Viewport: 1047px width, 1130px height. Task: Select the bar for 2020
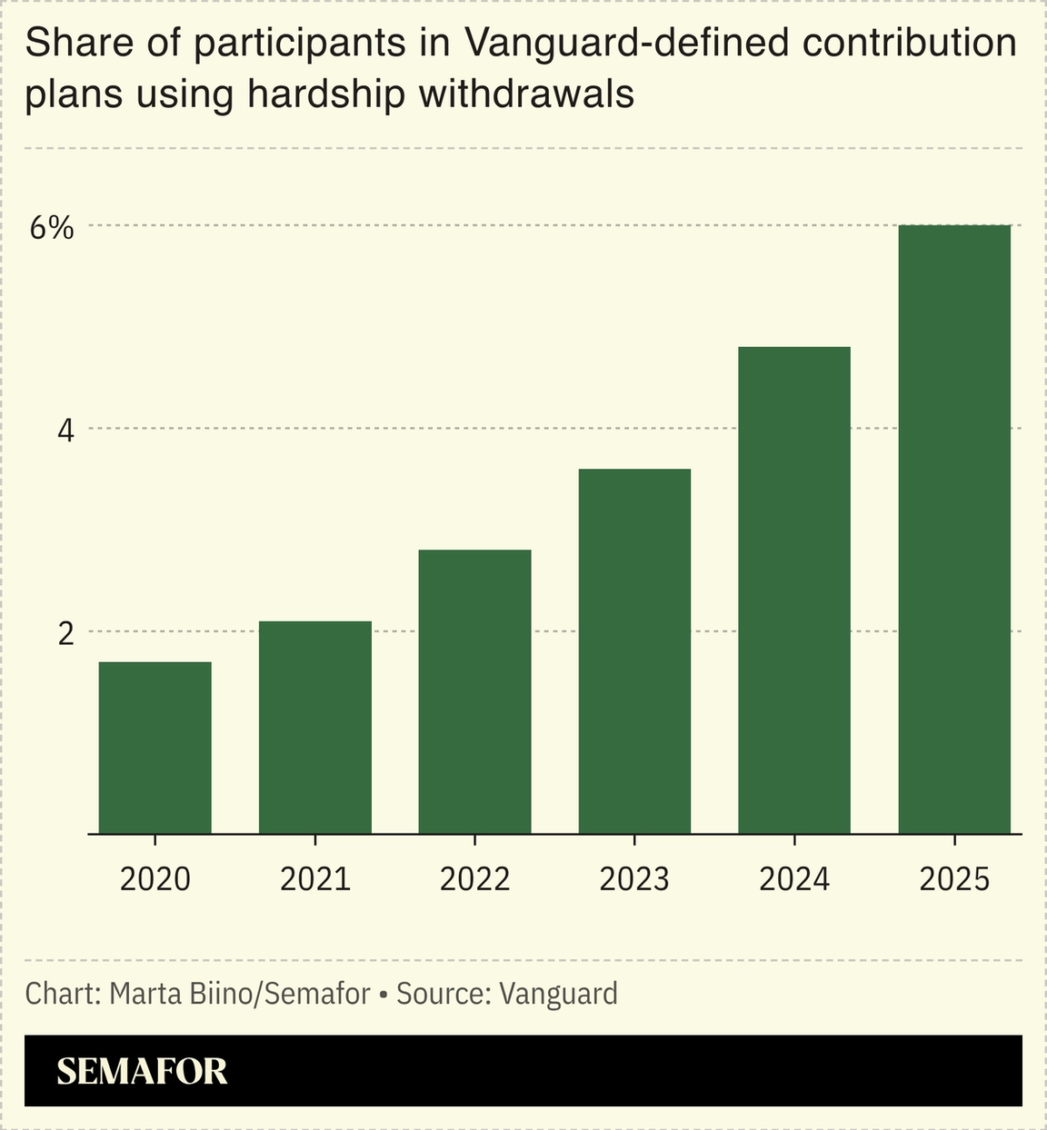155,748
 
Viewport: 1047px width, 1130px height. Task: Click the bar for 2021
315,727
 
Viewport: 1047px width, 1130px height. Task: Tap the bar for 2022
474,691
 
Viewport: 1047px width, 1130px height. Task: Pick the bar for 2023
634,651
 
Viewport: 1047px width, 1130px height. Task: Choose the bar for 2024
794,590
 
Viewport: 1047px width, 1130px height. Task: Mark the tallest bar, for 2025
954,529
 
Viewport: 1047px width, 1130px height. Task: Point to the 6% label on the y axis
51,228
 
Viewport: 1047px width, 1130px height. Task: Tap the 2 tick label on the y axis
65,633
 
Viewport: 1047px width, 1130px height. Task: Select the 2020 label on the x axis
155,879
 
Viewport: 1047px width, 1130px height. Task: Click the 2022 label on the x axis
474,879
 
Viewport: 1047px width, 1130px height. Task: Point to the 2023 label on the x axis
634,879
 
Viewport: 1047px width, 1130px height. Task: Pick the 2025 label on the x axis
954,879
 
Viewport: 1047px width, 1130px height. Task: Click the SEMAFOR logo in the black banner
142,1071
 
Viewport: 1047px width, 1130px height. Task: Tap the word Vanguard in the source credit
558,994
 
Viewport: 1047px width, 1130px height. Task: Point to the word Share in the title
72,44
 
